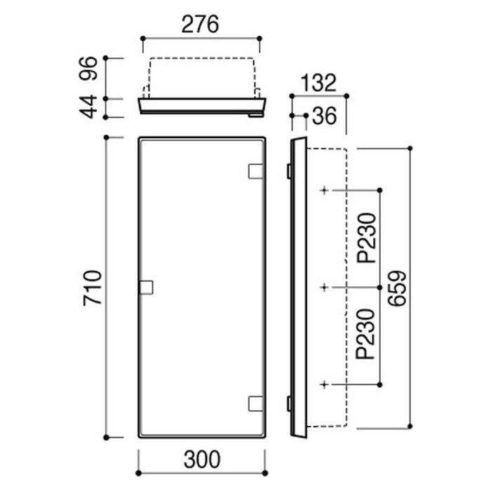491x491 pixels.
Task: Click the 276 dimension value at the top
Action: pyautogui.click(x=200, y=25)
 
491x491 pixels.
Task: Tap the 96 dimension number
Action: pyautogui.click(x=88, y=69)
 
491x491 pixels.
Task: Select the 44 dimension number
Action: pyautogui.click(x=88, y=107)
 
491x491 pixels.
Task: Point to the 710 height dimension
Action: pyautogui.click(x=93, y=288)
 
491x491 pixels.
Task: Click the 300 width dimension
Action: pyautogui.click(x=202, y=459)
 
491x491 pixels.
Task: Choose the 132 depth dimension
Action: pyautogui.click(x=318, y=83)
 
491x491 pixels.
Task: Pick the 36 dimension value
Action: pyautogui.click(x=324, y=116)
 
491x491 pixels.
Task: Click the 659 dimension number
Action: pyautogui.click(x=397, y=288)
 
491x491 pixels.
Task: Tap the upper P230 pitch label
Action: pyautogui.click(x=366, y=238)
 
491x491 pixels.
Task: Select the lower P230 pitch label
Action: pyautogui.click(x=365, y=334)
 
